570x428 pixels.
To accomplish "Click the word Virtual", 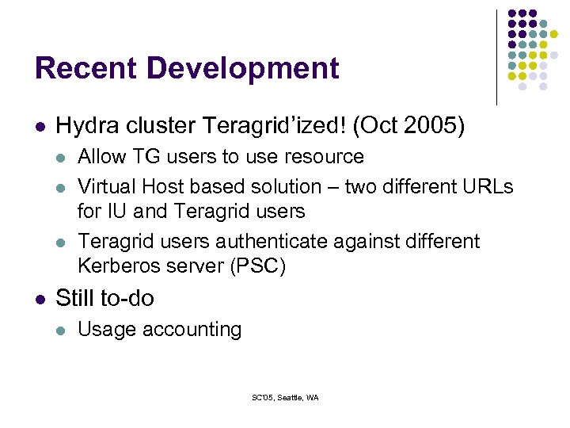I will pos(107,187).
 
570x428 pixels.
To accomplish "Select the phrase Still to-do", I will pos(105,298).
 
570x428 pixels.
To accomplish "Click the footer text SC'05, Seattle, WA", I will pos(285,397).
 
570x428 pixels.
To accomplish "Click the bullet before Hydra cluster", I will pos(40,126).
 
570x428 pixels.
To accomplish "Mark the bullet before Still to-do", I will pos(40,299).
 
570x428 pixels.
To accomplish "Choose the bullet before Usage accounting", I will pos(61,330).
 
